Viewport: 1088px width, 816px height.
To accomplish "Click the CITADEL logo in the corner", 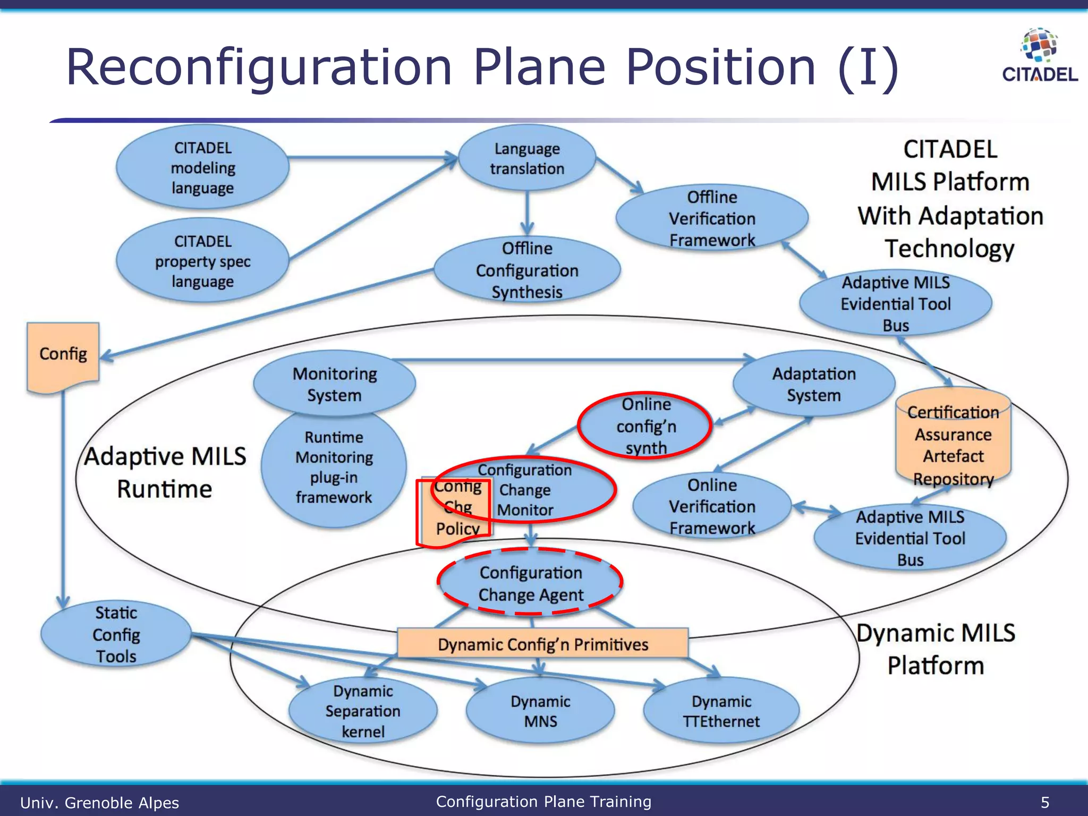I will (x=1040, y=56).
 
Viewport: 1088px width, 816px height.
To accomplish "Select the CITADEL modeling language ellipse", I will (x=202, y=168).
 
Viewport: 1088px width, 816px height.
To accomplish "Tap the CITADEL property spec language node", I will (x=202, y=261).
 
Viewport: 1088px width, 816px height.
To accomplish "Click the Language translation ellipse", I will (x=526, y=158).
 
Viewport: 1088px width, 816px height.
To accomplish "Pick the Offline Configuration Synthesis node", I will (x=526, y=270).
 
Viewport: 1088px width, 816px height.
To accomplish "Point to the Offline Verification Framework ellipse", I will (x=712, y=218).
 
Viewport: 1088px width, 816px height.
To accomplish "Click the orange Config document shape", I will (x=63, y=355).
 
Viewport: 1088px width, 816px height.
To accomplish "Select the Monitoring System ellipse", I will (x=334, y=384).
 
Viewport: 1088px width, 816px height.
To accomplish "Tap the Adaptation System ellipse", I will (x=813, y=384).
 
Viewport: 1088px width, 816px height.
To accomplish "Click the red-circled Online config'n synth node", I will (x=645, y=426).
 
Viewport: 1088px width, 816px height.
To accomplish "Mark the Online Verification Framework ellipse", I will (x=712, y=506).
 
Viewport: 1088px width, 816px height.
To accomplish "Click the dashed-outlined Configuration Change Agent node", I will (x=530, y=583).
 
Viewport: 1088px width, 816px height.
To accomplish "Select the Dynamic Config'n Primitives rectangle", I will (x=542, y=644).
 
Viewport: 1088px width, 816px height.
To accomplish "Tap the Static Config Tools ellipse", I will (x=116, y=634).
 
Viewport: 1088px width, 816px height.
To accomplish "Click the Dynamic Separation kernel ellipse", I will (x=363, y=711).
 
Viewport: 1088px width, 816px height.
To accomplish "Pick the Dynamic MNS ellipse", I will (x=540, y=711).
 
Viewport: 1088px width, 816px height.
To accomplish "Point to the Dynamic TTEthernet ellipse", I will (x=721, y=711).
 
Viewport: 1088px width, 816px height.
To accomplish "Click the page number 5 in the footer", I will (x=1044, y=802).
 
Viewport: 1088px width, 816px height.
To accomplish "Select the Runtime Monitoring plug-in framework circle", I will (x=334, y=467).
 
